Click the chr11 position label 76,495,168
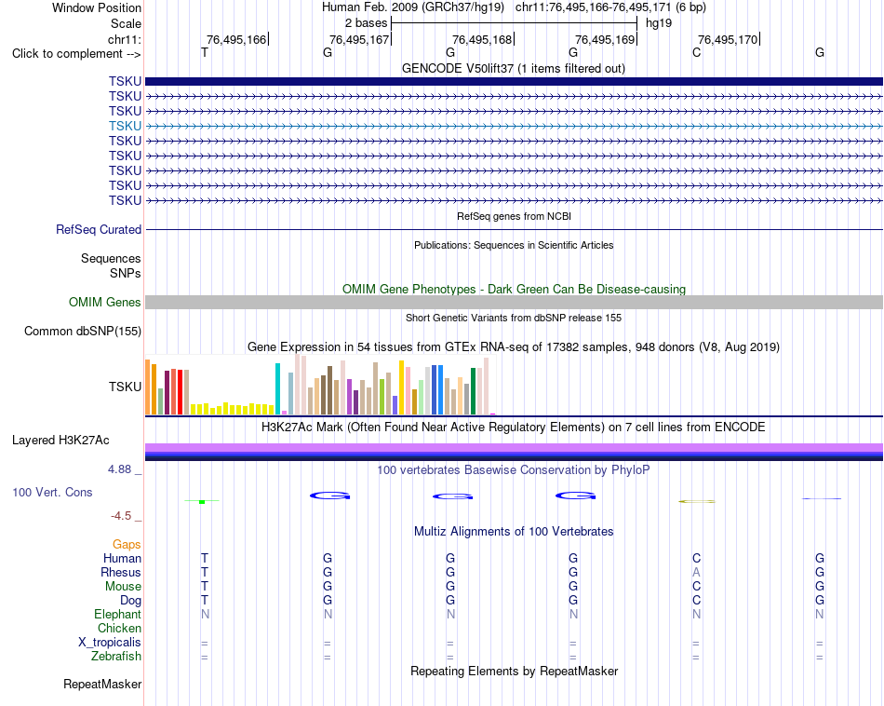coord(482,39)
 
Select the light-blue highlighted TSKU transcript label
coord(126,126)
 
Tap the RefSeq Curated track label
coord(99,230)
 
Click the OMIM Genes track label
coord(105,302)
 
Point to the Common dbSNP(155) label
coord(83,332)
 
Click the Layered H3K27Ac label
coord(60,441)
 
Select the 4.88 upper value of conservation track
coord(119,469)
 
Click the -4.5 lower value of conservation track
coord(121,516)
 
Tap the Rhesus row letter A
coord(696,572)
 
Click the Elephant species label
coord(118,614)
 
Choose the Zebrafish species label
coord(116,657)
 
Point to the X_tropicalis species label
coord(110,643)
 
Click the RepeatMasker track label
coord(102,684)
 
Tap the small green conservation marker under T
coord(202,501)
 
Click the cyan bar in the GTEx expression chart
coord(277,388)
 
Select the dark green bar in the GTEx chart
coord(473,391)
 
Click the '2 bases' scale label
coord(367,23)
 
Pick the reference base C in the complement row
coord(696,52)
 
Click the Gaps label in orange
coord(127,544)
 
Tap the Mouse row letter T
coord(204,587)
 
